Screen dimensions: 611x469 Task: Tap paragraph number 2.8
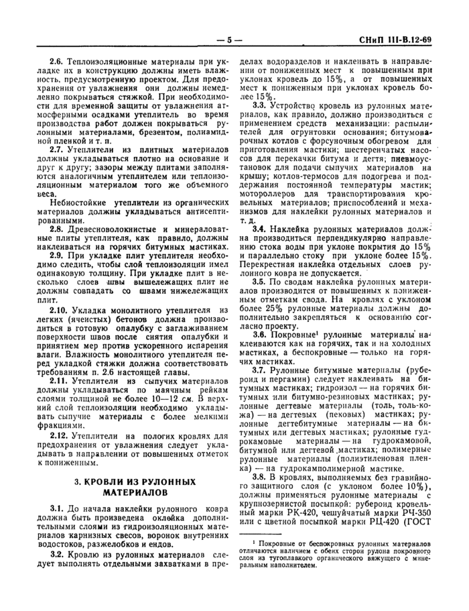click(x=56, y=228)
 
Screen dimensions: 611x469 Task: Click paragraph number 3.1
click(x=56, y=508)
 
